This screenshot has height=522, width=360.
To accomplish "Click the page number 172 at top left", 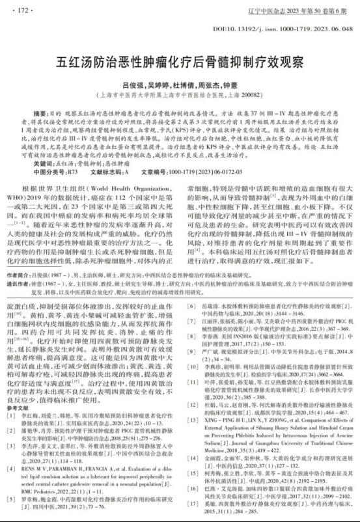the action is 24,10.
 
